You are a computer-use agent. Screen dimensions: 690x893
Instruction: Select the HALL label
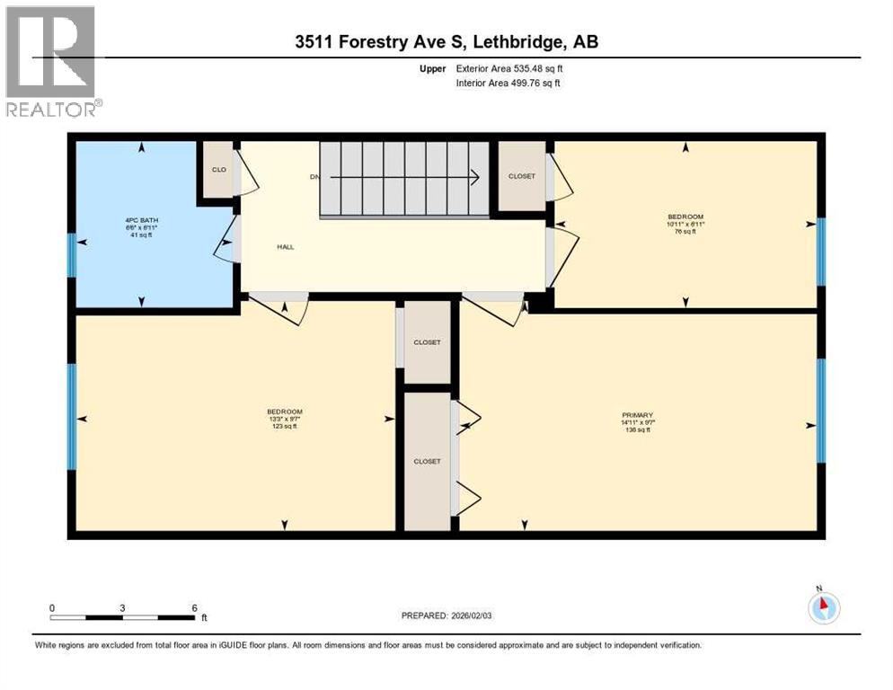click(286, 247)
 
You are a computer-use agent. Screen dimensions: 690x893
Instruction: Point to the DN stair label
click(314, 177)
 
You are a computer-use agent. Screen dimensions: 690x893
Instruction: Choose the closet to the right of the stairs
click(521, 176)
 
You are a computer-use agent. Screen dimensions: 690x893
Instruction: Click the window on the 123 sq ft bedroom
click(72, 417)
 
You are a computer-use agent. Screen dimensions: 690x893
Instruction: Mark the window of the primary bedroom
click(820, 411)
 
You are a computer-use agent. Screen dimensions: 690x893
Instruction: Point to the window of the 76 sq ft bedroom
click(820, 252)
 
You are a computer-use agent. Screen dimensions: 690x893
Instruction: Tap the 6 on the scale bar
click(194, 607)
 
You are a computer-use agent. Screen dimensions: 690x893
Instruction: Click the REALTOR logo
click(53, 61)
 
